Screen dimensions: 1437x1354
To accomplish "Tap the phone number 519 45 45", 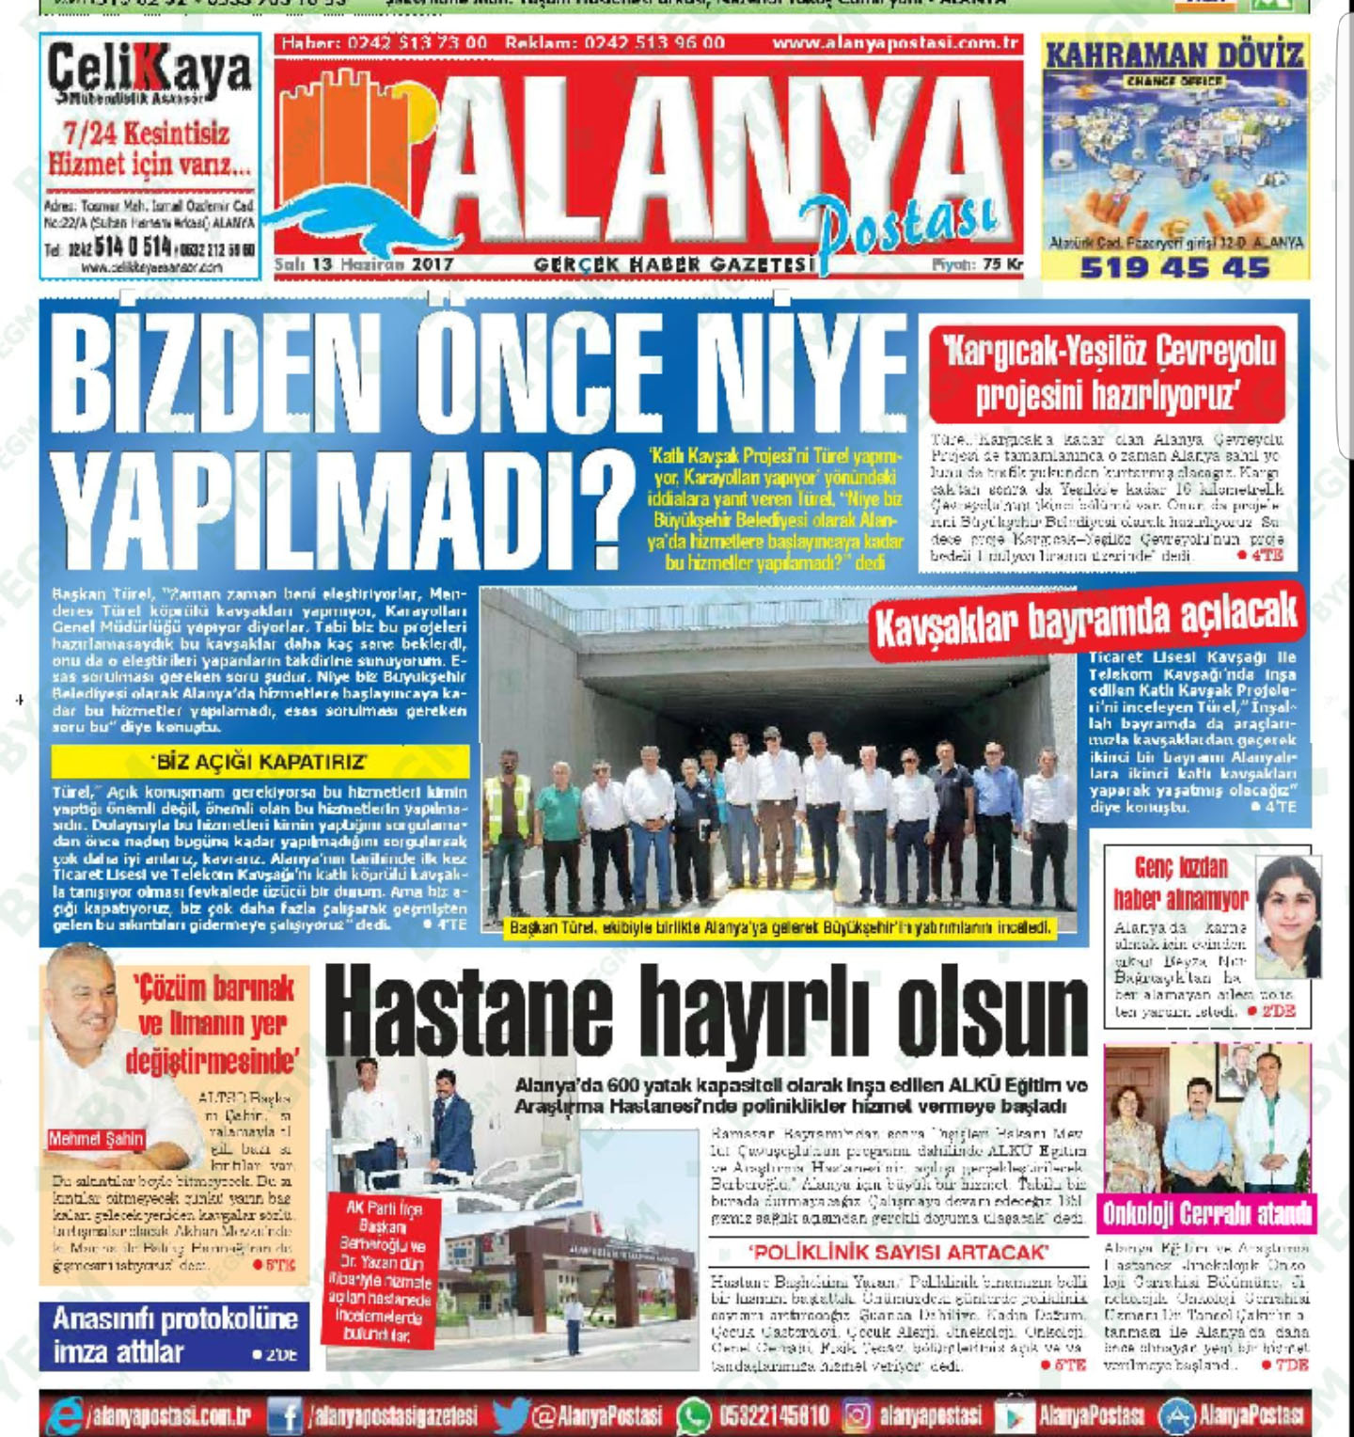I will click(x=1174, y=268).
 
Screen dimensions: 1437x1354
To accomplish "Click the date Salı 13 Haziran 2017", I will click(x=364, y=264).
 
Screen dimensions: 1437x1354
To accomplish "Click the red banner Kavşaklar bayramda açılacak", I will click(x=1086, y=619).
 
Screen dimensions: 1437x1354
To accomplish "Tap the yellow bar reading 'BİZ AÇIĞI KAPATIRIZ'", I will click(x=260, y=761).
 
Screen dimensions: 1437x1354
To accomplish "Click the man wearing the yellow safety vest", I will click(x=508, y=828).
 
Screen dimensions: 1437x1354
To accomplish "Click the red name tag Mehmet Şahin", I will click(x=96, y=1139).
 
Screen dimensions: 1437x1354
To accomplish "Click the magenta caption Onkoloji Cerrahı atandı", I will click(x=1206, y=1213).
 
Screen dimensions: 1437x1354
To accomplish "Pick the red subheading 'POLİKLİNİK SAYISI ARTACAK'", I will click(x=898, y=1252).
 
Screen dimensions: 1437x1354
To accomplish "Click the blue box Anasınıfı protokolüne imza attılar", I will click(x=174, y=1335).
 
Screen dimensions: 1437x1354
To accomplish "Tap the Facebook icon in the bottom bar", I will click(x=285, y=1415).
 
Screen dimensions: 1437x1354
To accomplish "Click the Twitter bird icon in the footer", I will click(x=511, y=1415).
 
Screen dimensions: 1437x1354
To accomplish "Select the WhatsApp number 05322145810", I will click(x=773, y=1415).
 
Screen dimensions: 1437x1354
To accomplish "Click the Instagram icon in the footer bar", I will click(x=857, y=1415).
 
